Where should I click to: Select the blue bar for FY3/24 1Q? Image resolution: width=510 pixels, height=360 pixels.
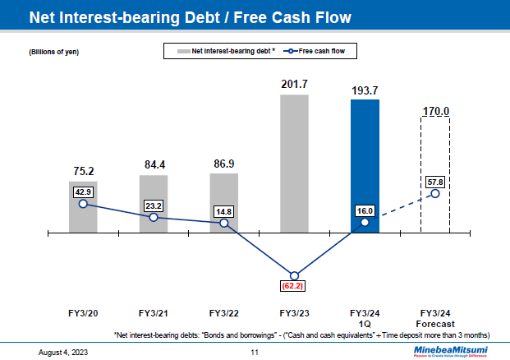click(365, 164)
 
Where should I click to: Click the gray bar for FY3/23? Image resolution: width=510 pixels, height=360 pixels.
click(294, 164)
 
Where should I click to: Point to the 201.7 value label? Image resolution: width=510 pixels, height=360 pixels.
click(294, 84)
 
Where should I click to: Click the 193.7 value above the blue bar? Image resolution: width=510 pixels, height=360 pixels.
click(365, 90)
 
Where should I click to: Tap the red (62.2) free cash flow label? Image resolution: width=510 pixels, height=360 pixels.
click(294, 287)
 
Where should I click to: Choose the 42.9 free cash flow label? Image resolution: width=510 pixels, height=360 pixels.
click(83, 191)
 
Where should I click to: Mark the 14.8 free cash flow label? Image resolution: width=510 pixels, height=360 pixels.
click(223, 210)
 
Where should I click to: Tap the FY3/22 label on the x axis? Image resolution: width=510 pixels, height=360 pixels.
click(223, 313)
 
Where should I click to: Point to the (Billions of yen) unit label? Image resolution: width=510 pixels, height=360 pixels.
click(55, 53)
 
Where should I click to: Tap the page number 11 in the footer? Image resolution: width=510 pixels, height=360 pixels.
click(255, 352)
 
